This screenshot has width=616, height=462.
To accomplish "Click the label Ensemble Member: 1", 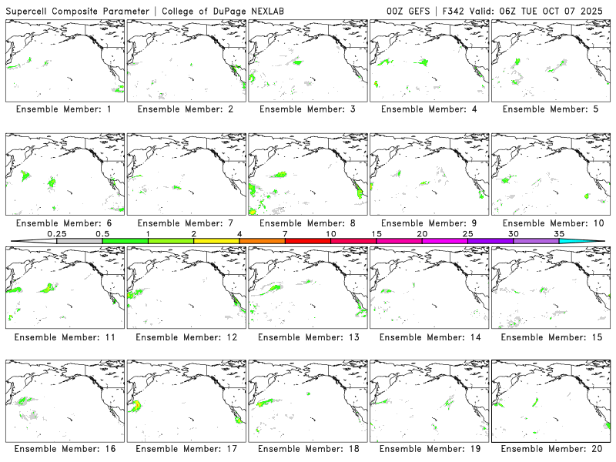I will click(x=63, y=109).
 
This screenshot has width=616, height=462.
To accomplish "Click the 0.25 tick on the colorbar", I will click(x=57, y=233).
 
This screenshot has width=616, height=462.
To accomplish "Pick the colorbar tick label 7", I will click(x=285, y=233).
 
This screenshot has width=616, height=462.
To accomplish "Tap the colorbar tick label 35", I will click(x=559, y=233).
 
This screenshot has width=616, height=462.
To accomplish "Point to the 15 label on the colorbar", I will click(x=377, y=233).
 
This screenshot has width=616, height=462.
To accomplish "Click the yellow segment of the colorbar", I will click(x=216, y=241).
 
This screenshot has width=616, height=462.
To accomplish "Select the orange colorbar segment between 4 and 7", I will click(x=262, y=241).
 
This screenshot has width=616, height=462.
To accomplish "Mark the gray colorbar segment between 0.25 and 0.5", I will click(x=79, y=241).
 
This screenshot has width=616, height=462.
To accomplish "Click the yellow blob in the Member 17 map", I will click(x=138, y=405).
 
